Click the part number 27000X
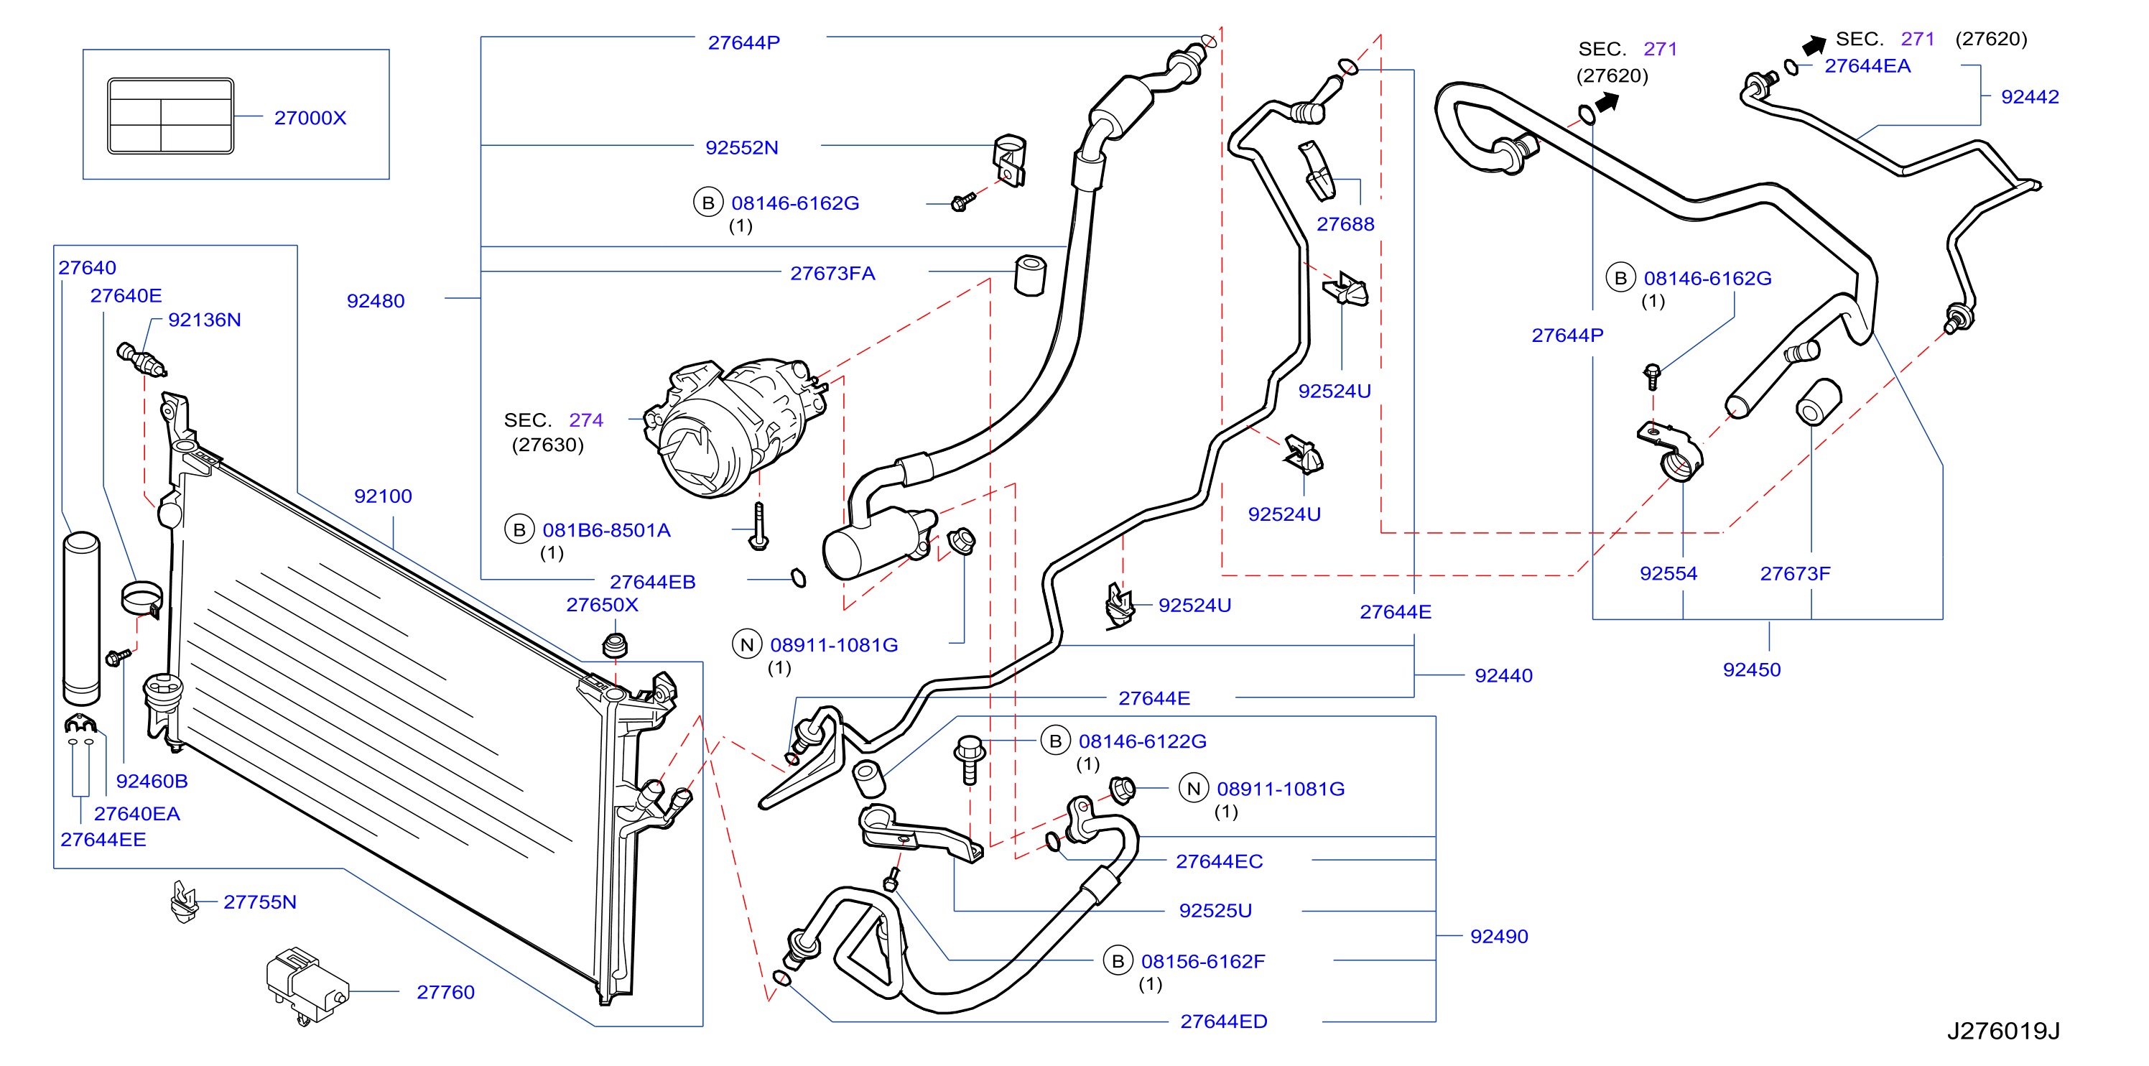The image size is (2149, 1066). pyautogui.click(x=310, y=118)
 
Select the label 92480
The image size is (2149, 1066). pyautogui.click(x=376, y=301)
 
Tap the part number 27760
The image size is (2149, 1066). pyautogui.click(x=445, y=992)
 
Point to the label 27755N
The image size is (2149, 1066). pyautogui.click(x=260, y=902)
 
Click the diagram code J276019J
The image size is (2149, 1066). pyautogui.click(x=2003, y=1031)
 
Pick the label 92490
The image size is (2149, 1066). pyautogui.click(x=1499, y=936)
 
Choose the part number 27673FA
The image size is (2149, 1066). pyautogui.click(x=832, y=273)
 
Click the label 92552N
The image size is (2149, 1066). pyautogui.click(x=742, y=148)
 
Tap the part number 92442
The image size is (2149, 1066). pyautogui.click(x=2030, y=97)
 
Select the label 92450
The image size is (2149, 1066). pyautogui.click(x=1752, y=669)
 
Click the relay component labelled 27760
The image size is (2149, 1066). pyautogui.click(x=305, y=984)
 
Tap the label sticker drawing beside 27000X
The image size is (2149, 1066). pyautogui.click(x=170, y=116)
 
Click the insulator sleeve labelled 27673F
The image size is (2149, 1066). pyautogui.click(x=1818, y=402)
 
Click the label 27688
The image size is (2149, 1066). pyautogui.click(x=1345, y=223)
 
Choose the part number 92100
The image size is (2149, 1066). pyautogui.click(x=383, y=496)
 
